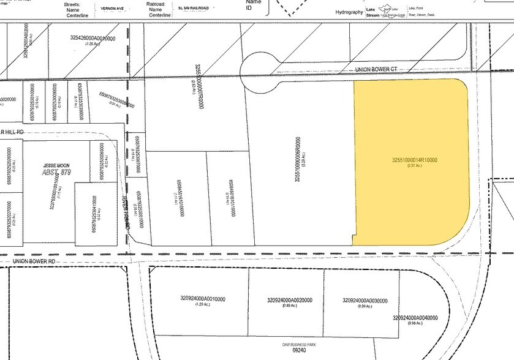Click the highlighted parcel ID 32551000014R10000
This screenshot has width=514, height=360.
point(415,160)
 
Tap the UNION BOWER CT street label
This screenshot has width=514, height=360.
point(376,70)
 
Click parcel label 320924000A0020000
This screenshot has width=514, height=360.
point(290,300)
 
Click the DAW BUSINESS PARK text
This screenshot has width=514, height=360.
point(299,345)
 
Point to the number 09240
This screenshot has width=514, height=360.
point(299,352)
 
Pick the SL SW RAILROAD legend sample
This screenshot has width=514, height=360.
point(189,9)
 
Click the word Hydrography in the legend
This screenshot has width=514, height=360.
point(353,12)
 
